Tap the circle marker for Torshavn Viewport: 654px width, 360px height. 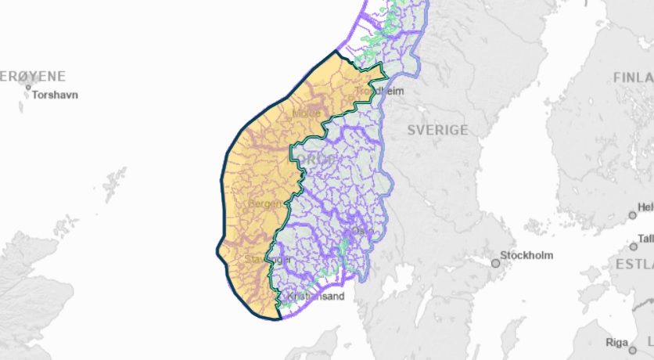point(29,86)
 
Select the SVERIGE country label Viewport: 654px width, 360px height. point(437,130)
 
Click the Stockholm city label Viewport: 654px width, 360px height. point(526,255)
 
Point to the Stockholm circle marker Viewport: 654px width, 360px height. point(494,263)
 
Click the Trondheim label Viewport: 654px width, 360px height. point(379,92)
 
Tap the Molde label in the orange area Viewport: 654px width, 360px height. point(306,113)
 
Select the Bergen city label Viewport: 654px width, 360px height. point(264,203)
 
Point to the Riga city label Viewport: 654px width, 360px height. point(616,343)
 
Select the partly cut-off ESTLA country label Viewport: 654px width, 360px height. point(634,264)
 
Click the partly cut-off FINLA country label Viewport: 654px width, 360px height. point(633,77)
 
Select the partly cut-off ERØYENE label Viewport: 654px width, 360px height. point(33,77)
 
